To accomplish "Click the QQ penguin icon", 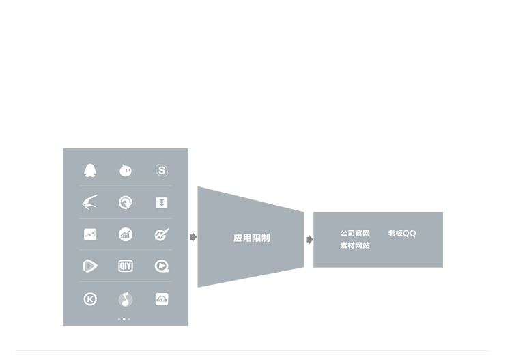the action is (x=90, y=170).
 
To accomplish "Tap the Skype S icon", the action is (x=162, y=170).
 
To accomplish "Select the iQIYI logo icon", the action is (x=126, y=266).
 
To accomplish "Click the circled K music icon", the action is (x=90, y=299).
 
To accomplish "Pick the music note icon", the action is (x=126, y=299).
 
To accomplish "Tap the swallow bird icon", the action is (x=90, y=202).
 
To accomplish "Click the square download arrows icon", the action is (x=162, y=202).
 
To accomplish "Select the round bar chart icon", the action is (x=126, y=234).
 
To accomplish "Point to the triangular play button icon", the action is (x=90, y=266).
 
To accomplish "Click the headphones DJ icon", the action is (x=162, y=299).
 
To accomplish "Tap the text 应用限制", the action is (x=252, y=238).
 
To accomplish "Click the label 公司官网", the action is (x=355, y=233).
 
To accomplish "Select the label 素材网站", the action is (x=355, y=245).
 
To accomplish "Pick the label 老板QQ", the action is (x=402, y=233).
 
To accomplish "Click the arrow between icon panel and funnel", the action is (x=193, y=237).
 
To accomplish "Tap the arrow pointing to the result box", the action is (x=309, y=240).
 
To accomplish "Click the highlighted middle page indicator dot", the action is (x=124, y=319).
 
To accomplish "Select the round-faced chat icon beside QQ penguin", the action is (x=126, y=170).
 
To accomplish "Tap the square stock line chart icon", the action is (x=90, y=234).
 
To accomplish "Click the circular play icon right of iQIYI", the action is (x=162, y=266).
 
